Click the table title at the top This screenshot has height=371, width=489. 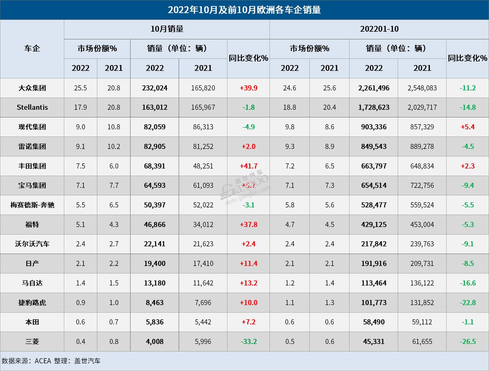click(x=244, y=10)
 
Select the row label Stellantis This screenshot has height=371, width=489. click(x=32, y=107)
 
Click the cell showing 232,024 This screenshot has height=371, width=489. click(x=154, y=88)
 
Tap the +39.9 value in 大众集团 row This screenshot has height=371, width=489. click(x=248, y=88)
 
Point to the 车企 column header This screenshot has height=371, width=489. click(x=32, y=49)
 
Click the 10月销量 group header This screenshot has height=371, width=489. click(x=167, y=29)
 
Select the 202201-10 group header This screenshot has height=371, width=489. click(x=379, y=29)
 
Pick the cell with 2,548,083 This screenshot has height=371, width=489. click(x=422, y=88)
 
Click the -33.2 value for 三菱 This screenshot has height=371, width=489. click(x=248, y=341)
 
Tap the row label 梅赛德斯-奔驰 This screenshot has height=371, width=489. click(x=32, y=205)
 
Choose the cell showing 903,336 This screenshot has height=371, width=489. click(x=374, y=127)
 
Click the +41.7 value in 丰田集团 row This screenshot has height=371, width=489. click(x=248, y=166)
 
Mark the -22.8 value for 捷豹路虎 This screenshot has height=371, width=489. click(x=468, y=303)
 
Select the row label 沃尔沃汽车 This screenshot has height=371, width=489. click(x=32, y=244)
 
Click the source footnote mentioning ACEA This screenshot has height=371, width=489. click(x=51, y=361)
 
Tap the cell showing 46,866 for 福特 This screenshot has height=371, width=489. click(x=154, y=224)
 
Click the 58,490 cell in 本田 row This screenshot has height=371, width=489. click(x=374, y=322)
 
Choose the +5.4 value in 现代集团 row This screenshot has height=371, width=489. click(x=468, y=127)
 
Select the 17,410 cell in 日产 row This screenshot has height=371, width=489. click(x=203, y=264)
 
